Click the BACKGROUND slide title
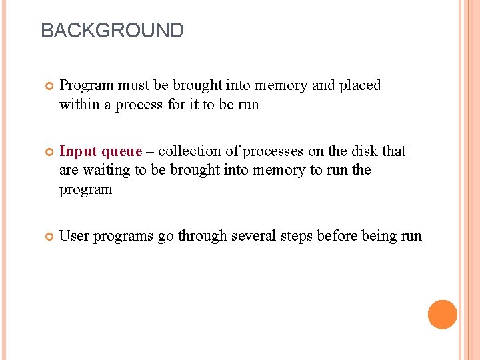point(112,31)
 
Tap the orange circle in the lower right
point(442,315)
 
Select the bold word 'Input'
point(78,152)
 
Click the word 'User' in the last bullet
point(74,236)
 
